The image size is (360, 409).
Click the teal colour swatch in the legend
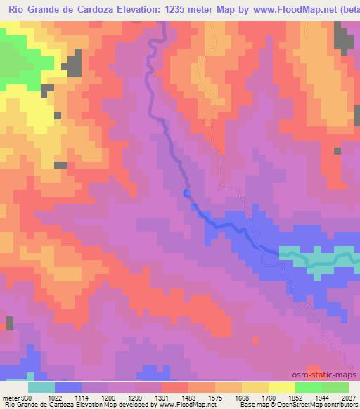(41, 387)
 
